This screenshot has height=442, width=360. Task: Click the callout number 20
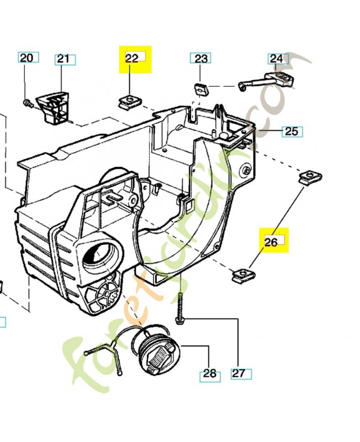pos(27,57)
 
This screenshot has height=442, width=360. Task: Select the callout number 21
pos(65,59)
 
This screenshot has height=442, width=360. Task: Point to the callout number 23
pos(201,58)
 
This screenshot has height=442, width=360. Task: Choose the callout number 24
pos(276,58)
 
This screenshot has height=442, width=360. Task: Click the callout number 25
pos(292,131)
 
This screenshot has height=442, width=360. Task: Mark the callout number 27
pos(239,373)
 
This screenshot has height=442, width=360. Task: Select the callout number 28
pos(210,373)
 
